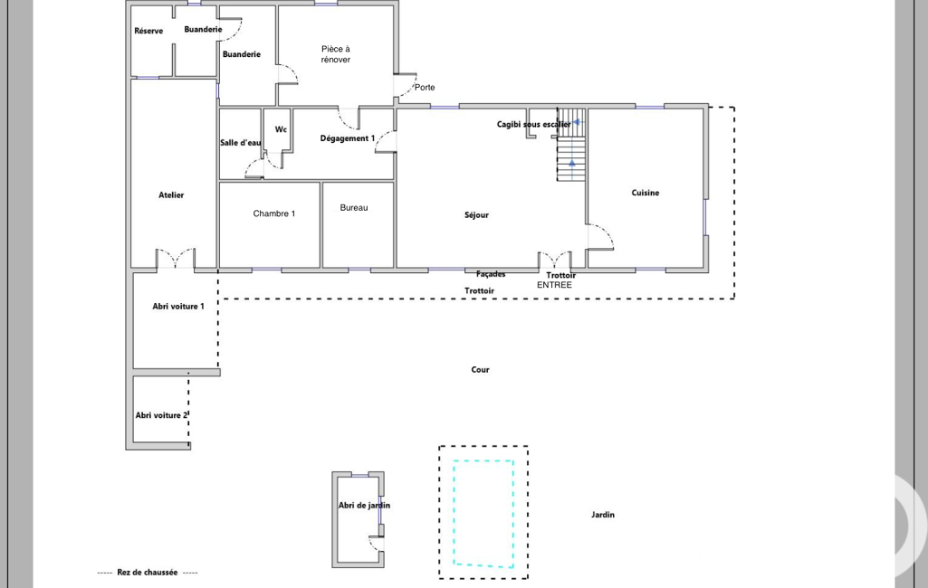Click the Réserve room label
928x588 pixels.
coord(148,31)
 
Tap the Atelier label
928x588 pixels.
coord(171,194)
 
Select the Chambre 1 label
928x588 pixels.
coord(274,213)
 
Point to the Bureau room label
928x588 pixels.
coord(354,208)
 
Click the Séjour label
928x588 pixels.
coord(476,215)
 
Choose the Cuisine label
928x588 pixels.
coord(646,193)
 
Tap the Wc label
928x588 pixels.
coord(282,129)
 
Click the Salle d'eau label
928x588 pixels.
coord(241,143)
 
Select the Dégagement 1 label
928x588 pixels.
coord(348,138)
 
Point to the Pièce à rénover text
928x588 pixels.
coord(336,54)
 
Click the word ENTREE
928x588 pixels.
coord(555,285)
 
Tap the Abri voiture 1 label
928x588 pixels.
coord(178,307)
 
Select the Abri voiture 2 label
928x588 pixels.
coord(161,415)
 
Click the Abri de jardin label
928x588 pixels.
coord(365,505)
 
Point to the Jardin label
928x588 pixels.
coord(603,515)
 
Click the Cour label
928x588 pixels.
coord(480,370)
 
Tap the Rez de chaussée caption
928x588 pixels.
coord(148,572)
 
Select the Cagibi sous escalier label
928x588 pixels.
coord(534,124)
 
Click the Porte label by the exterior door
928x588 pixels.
coord(425,88)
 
